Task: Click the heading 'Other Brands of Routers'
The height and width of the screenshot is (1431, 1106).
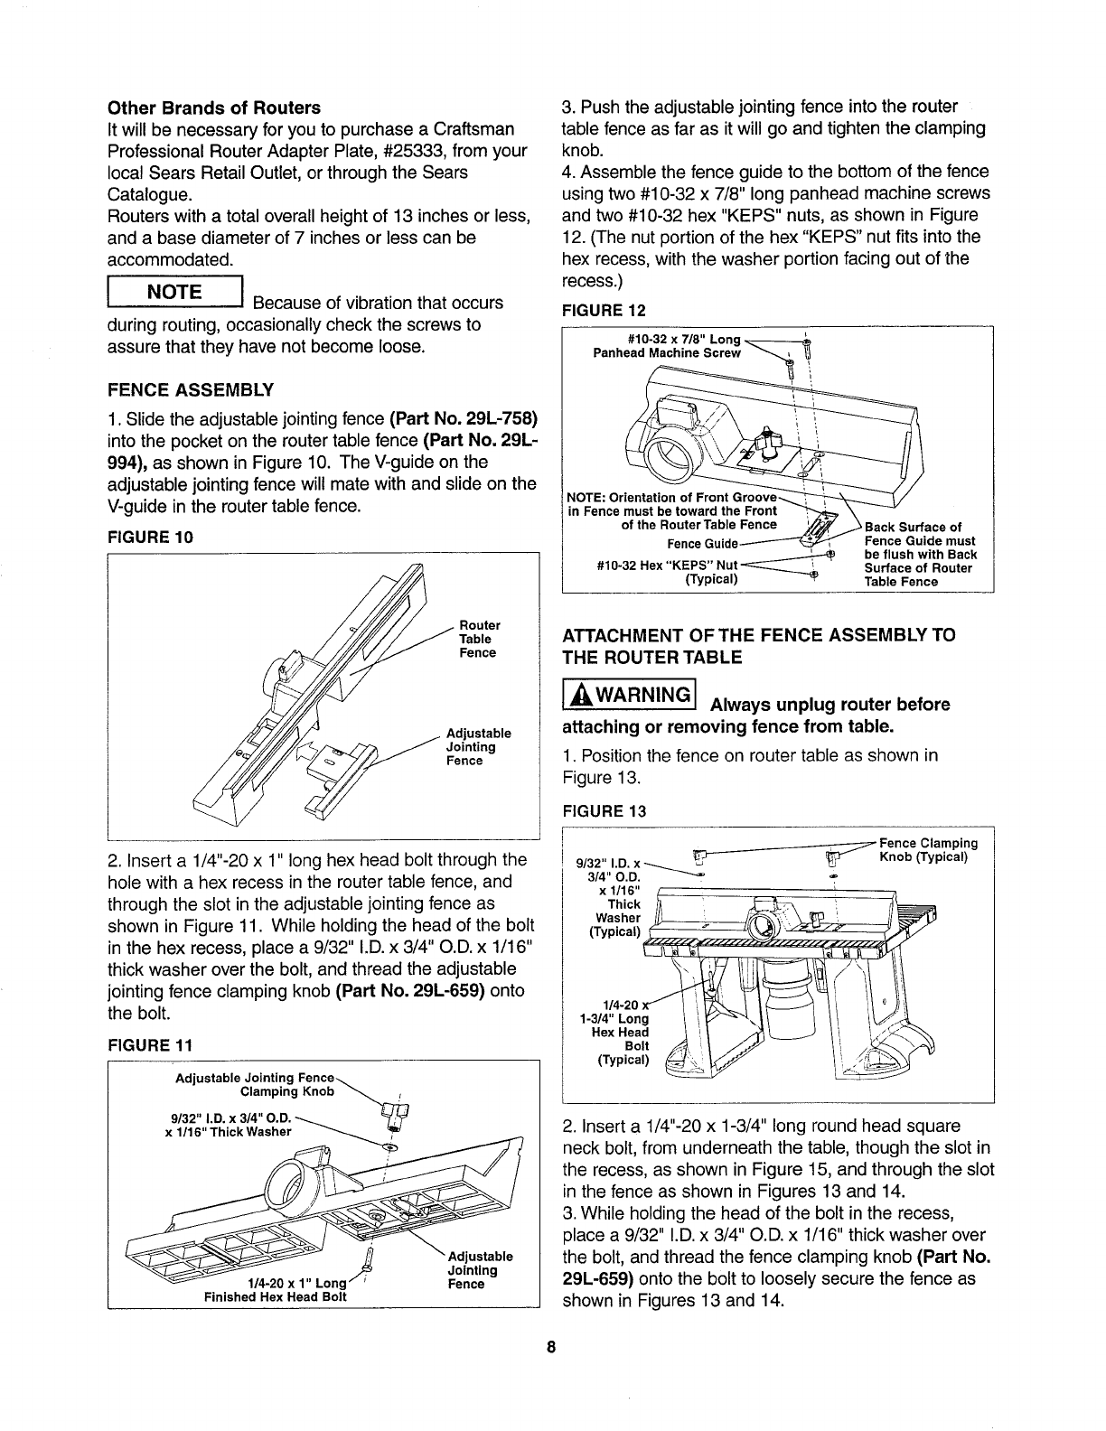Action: (213, 108)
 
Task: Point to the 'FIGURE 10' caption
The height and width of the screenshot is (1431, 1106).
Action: (150, 538)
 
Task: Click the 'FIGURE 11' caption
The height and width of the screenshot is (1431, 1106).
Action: (149, 1046)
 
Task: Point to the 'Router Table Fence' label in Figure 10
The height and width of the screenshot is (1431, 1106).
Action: (478, 639)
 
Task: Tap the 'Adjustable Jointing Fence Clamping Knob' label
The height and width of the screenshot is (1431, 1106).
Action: (255, 1084)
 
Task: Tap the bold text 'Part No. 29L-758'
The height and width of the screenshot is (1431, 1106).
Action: (464, 419)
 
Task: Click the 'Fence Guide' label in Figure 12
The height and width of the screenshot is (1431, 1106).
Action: (702, 544)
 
